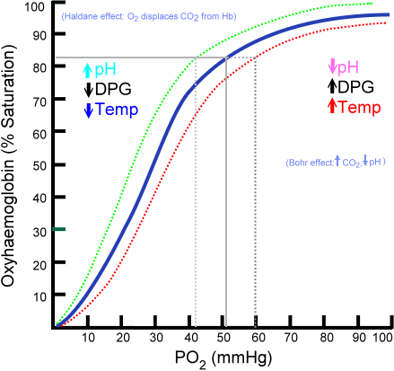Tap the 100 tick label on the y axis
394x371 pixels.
click(35, 7)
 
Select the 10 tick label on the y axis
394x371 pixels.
click(38, 296)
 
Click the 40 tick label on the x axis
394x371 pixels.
click(195, 337)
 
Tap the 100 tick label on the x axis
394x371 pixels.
click(381, 337)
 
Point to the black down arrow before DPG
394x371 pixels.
click(88, 90)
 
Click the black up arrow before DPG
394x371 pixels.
click(334, 87)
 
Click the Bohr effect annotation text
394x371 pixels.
click(334, 163)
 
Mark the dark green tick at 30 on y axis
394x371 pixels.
click(58, 230)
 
